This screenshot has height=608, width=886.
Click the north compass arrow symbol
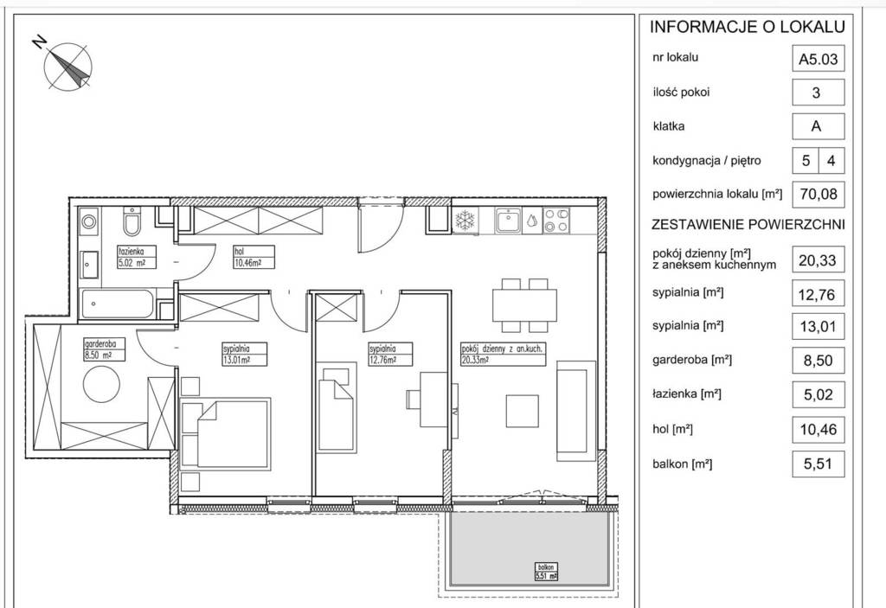67,66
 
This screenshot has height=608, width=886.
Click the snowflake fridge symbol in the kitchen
466,220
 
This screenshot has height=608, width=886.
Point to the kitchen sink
509,221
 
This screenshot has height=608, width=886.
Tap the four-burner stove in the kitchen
556,221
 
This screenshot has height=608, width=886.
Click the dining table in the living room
524,305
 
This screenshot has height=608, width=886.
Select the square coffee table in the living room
522,411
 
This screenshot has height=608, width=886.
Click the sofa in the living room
576,411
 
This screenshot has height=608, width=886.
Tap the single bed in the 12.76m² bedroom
336,406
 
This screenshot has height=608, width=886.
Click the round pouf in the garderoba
102,384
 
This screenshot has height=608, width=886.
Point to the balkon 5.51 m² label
546,572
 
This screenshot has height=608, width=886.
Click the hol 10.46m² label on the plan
254,257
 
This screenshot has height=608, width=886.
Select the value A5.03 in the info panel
818,60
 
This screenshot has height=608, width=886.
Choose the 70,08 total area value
819,195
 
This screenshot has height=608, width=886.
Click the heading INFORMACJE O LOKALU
747,27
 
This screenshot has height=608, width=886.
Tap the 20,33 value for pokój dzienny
818,260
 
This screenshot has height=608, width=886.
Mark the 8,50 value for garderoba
819,361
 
